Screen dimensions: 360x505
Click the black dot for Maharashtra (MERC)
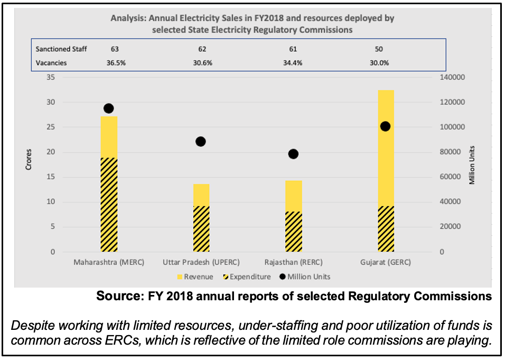tap(109, 108)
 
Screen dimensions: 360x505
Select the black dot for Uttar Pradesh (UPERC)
tap(201, 142)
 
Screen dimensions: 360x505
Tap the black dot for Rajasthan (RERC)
tap(293, 154)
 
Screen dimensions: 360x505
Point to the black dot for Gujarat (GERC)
tap(385, 126)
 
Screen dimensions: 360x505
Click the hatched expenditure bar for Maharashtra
tap(109, 205)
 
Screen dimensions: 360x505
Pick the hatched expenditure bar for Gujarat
tap(386, 229)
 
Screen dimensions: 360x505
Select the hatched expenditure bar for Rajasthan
tap(293, 232)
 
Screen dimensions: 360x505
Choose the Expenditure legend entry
tap(247, 276)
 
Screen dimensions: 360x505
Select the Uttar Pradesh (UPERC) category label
tap(201, 262)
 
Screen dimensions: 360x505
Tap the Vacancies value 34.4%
tap(293, 62)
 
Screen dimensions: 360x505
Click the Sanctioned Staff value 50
tap(379, 49)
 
